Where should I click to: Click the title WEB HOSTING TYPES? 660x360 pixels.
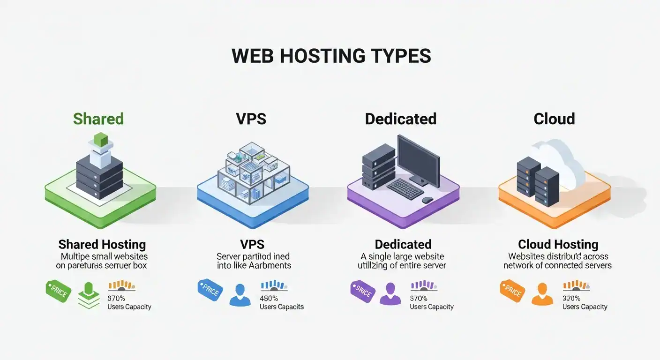331,56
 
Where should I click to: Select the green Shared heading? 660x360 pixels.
98,119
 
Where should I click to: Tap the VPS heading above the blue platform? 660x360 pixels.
251,119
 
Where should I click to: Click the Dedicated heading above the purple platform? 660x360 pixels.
401,119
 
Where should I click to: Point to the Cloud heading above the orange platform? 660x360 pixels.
554,119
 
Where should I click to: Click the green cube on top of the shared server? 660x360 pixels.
101,139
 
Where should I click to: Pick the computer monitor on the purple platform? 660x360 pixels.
418,157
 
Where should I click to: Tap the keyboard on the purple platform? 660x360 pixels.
405,187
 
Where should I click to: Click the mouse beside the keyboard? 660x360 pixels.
427,200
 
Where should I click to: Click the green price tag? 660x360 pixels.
58,292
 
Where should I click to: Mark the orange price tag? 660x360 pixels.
512,291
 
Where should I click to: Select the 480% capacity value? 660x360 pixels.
269,298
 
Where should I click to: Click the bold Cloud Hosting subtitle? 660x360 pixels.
558,244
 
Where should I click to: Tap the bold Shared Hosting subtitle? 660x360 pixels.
102,244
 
